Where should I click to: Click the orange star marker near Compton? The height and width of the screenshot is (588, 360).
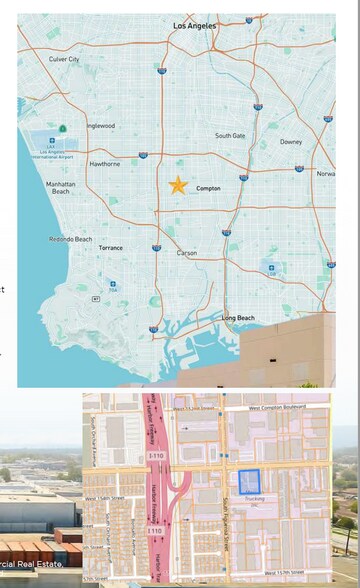[x=178, y=185]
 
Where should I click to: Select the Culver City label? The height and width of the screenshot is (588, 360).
[x=64, y=60]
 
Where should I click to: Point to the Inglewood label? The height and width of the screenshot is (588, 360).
[x=100, y=126]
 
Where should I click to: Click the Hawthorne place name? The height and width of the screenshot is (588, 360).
[x=105, y=163]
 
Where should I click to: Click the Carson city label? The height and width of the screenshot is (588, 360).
[x=187, y=253]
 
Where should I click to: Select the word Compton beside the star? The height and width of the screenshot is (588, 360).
[x=208, y=188]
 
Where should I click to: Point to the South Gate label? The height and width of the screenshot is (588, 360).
[x=230, y=136]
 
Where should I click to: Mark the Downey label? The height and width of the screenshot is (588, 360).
[x=291, y=142]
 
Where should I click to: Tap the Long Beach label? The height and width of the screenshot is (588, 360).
[x=239, y=318]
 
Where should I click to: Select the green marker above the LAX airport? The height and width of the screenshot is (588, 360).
[x=62, y=128]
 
